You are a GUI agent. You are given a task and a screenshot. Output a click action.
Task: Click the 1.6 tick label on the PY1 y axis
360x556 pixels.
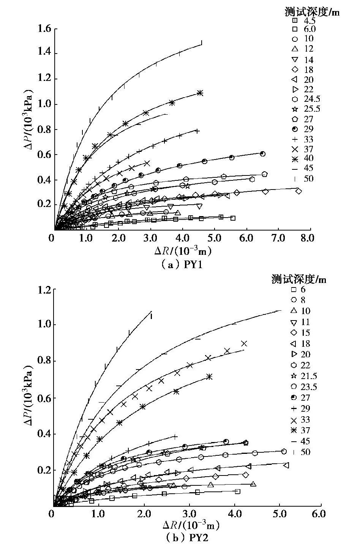(45, 28)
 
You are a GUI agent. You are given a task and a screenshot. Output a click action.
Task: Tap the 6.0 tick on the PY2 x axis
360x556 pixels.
(319, 514)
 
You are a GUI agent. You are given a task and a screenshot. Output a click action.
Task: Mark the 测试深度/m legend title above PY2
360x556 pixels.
(299, 280)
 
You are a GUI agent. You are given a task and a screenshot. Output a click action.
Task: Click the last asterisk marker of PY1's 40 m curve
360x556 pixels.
(200, 93)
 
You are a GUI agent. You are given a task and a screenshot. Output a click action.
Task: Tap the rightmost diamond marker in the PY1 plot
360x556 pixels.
(298, 191)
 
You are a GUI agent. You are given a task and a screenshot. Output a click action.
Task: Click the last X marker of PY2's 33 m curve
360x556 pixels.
(244, 343)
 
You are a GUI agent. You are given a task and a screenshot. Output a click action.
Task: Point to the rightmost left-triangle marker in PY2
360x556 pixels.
(286, 465)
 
